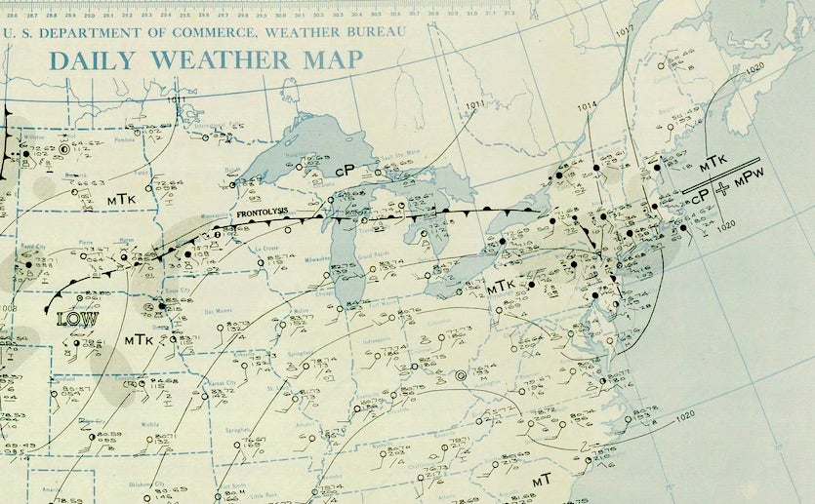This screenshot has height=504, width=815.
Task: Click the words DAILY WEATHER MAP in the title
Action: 206,59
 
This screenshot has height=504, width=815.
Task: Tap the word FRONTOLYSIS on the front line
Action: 258,213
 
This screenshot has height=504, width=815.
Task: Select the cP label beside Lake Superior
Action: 344,170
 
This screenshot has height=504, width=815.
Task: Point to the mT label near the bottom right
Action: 542,482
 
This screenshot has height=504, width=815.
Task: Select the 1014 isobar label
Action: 587,107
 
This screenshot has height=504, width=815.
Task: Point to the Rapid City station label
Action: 34,246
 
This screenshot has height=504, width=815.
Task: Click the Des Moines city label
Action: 220,312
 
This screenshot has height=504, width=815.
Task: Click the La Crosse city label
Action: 266,249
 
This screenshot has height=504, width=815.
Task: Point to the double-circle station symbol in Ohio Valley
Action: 461,375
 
